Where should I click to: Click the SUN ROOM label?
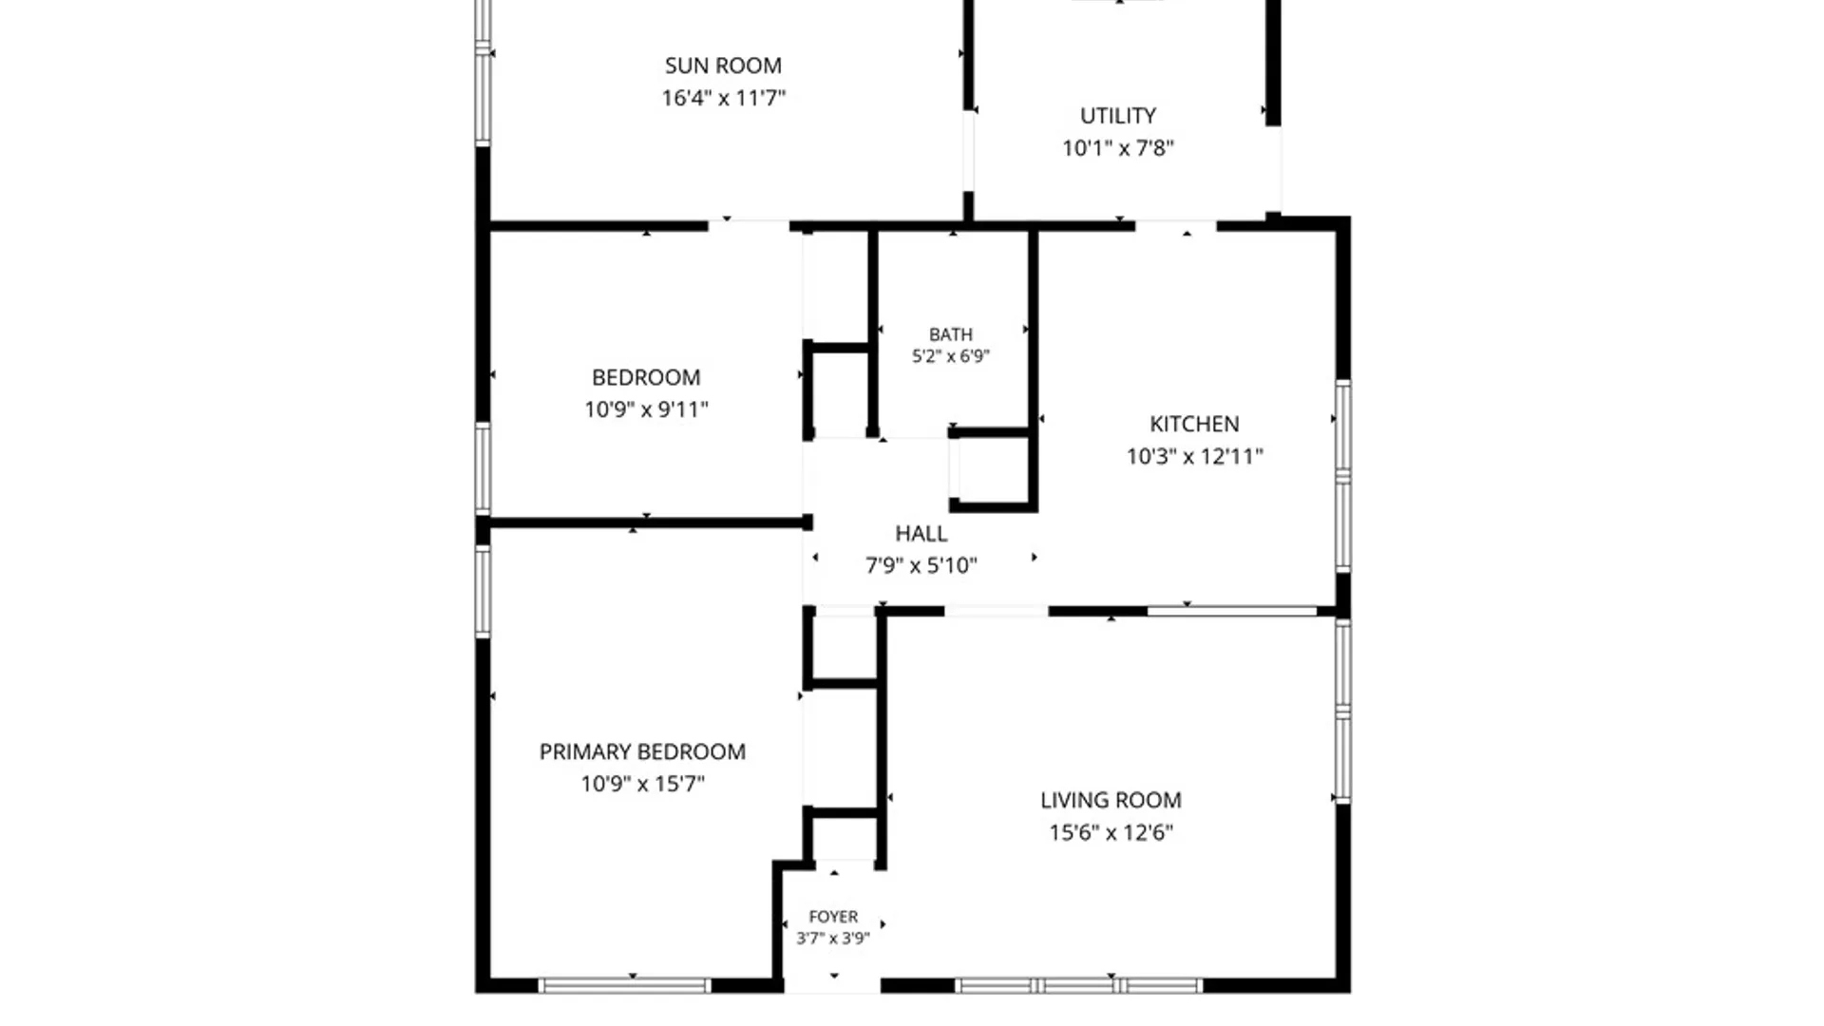723,66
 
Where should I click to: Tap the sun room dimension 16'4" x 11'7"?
723,98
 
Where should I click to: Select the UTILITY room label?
1118,116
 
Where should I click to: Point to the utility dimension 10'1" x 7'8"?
1118,148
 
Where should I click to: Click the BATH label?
951,334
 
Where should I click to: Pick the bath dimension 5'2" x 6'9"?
951,356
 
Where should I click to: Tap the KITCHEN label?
1194,424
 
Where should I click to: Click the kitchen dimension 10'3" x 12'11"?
1194,456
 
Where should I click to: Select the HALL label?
921,534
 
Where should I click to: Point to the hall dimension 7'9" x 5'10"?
921,566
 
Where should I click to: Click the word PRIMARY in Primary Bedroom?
584,752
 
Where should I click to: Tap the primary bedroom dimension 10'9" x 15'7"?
643,784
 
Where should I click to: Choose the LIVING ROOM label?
1111,801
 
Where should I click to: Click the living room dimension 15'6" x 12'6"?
1111,833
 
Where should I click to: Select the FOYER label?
833,917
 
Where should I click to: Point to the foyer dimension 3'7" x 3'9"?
833,939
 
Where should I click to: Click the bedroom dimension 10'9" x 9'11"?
646,409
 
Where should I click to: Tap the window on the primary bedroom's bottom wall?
625,986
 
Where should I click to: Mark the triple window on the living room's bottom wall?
1078,986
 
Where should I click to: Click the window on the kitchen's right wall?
1343,477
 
